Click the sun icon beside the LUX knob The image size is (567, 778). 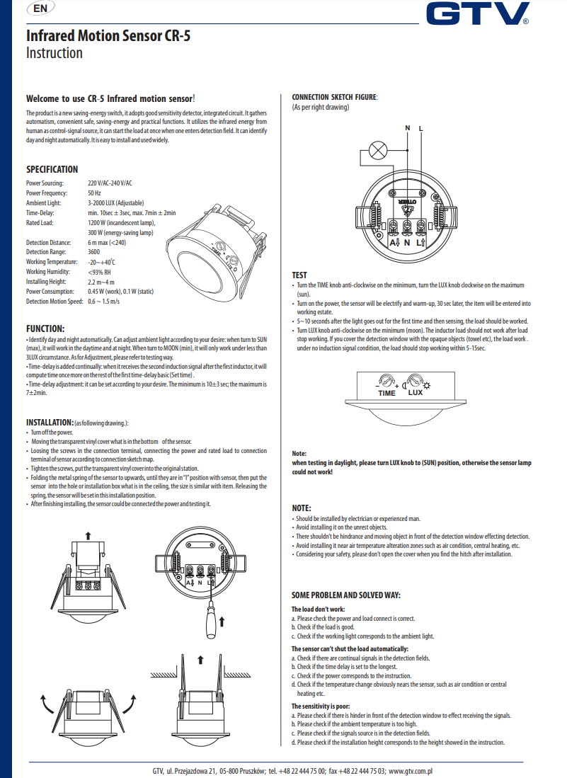(427, 383)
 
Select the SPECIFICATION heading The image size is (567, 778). (52, 169)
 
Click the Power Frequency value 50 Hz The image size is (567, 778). (94, 193)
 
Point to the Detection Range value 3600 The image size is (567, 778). (93, 252)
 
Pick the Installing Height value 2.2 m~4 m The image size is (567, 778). (101, 282)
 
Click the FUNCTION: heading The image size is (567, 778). (45, 328)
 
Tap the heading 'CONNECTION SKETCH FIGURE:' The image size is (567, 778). (335, 97)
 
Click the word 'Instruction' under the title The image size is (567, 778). (54, 53)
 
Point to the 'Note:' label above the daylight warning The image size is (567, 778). (299, 453)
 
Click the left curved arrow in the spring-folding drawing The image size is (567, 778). (46, 705)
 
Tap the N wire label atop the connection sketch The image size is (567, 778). (407, 128)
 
